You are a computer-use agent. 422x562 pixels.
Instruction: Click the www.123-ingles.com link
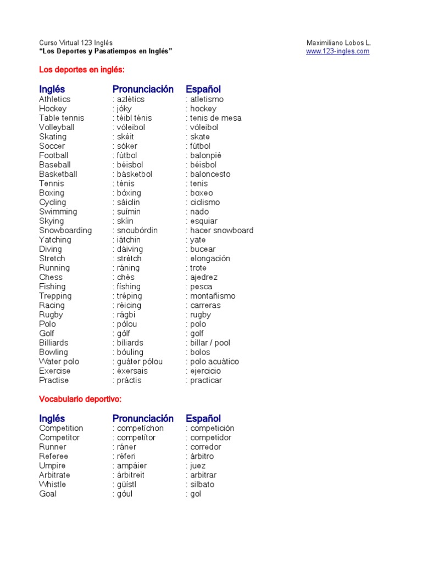(x=337, y=52)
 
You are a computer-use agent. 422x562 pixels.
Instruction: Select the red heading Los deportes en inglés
(x=82, y=70)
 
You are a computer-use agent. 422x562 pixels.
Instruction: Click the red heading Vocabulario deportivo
(x=80, y=399)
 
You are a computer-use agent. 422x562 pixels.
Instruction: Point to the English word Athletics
(x=54, y=99)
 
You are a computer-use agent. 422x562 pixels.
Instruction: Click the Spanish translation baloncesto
(x=210, y=174)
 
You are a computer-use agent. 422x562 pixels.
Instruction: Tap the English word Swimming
(x=58, y=212)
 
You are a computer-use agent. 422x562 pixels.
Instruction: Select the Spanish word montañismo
(x=213, y=296)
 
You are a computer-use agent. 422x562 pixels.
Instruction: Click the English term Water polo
(x=59, y=362)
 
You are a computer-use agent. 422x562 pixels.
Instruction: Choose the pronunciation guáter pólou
(x=140, y=362)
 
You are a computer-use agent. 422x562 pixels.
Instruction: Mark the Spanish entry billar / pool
(x=210, y=343)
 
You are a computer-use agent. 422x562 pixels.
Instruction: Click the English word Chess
(x=51, y=277)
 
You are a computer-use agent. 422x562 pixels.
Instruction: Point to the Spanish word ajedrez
(x=204, y=277)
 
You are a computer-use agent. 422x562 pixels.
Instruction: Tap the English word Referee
(x=53, y=457)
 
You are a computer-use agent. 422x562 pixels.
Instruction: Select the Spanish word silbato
(x=202, y=485)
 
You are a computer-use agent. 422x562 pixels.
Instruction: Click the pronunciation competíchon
(x=140, y=429)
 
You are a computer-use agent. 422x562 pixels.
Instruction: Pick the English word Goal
(x=48, y=494)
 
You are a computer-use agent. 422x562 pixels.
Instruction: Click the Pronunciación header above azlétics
(x=143, y=89)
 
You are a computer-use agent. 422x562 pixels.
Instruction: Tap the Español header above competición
(x=203, y=419)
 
